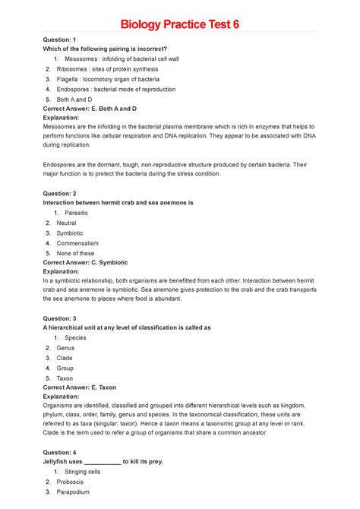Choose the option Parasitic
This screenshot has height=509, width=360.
click(77, 213)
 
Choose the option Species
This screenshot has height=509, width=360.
click(75, 337)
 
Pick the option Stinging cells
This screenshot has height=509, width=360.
click(82, 472)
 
